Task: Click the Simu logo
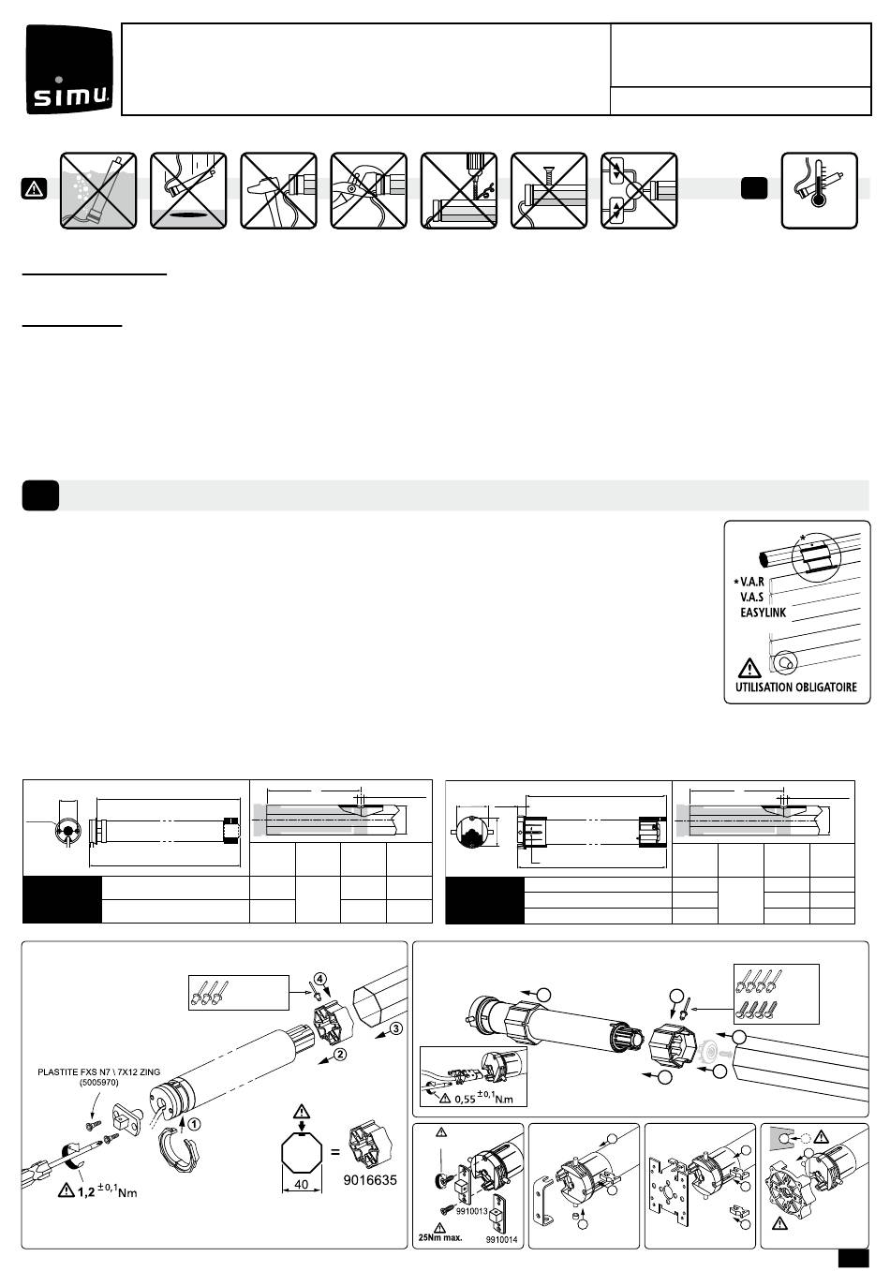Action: [x=69, y=69]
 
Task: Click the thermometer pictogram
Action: [x=819, y=191]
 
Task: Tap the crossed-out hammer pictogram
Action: [x=278, y=191]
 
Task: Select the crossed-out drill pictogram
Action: [x=459, y=191]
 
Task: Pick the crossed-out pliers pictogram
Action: [x=369, y=191]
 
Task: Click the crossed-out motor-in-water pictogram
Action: [x=98, y=191]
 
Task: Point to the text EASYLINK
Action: [x=763, y=613]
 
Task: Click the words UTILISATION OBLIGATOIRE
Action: [x=795, y=687]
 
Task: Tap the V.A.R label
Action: [x=752, y=582]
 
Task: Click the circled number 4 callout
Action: [x=320, y=979]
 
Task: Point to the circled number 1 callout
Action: [x=194, y=1123]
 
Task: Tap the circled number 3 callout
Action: [x=396, y=1028]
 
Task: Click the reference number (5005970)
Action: [x=98, y=1083]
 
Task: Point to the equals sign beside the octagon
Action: [x=335, y=1152]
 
